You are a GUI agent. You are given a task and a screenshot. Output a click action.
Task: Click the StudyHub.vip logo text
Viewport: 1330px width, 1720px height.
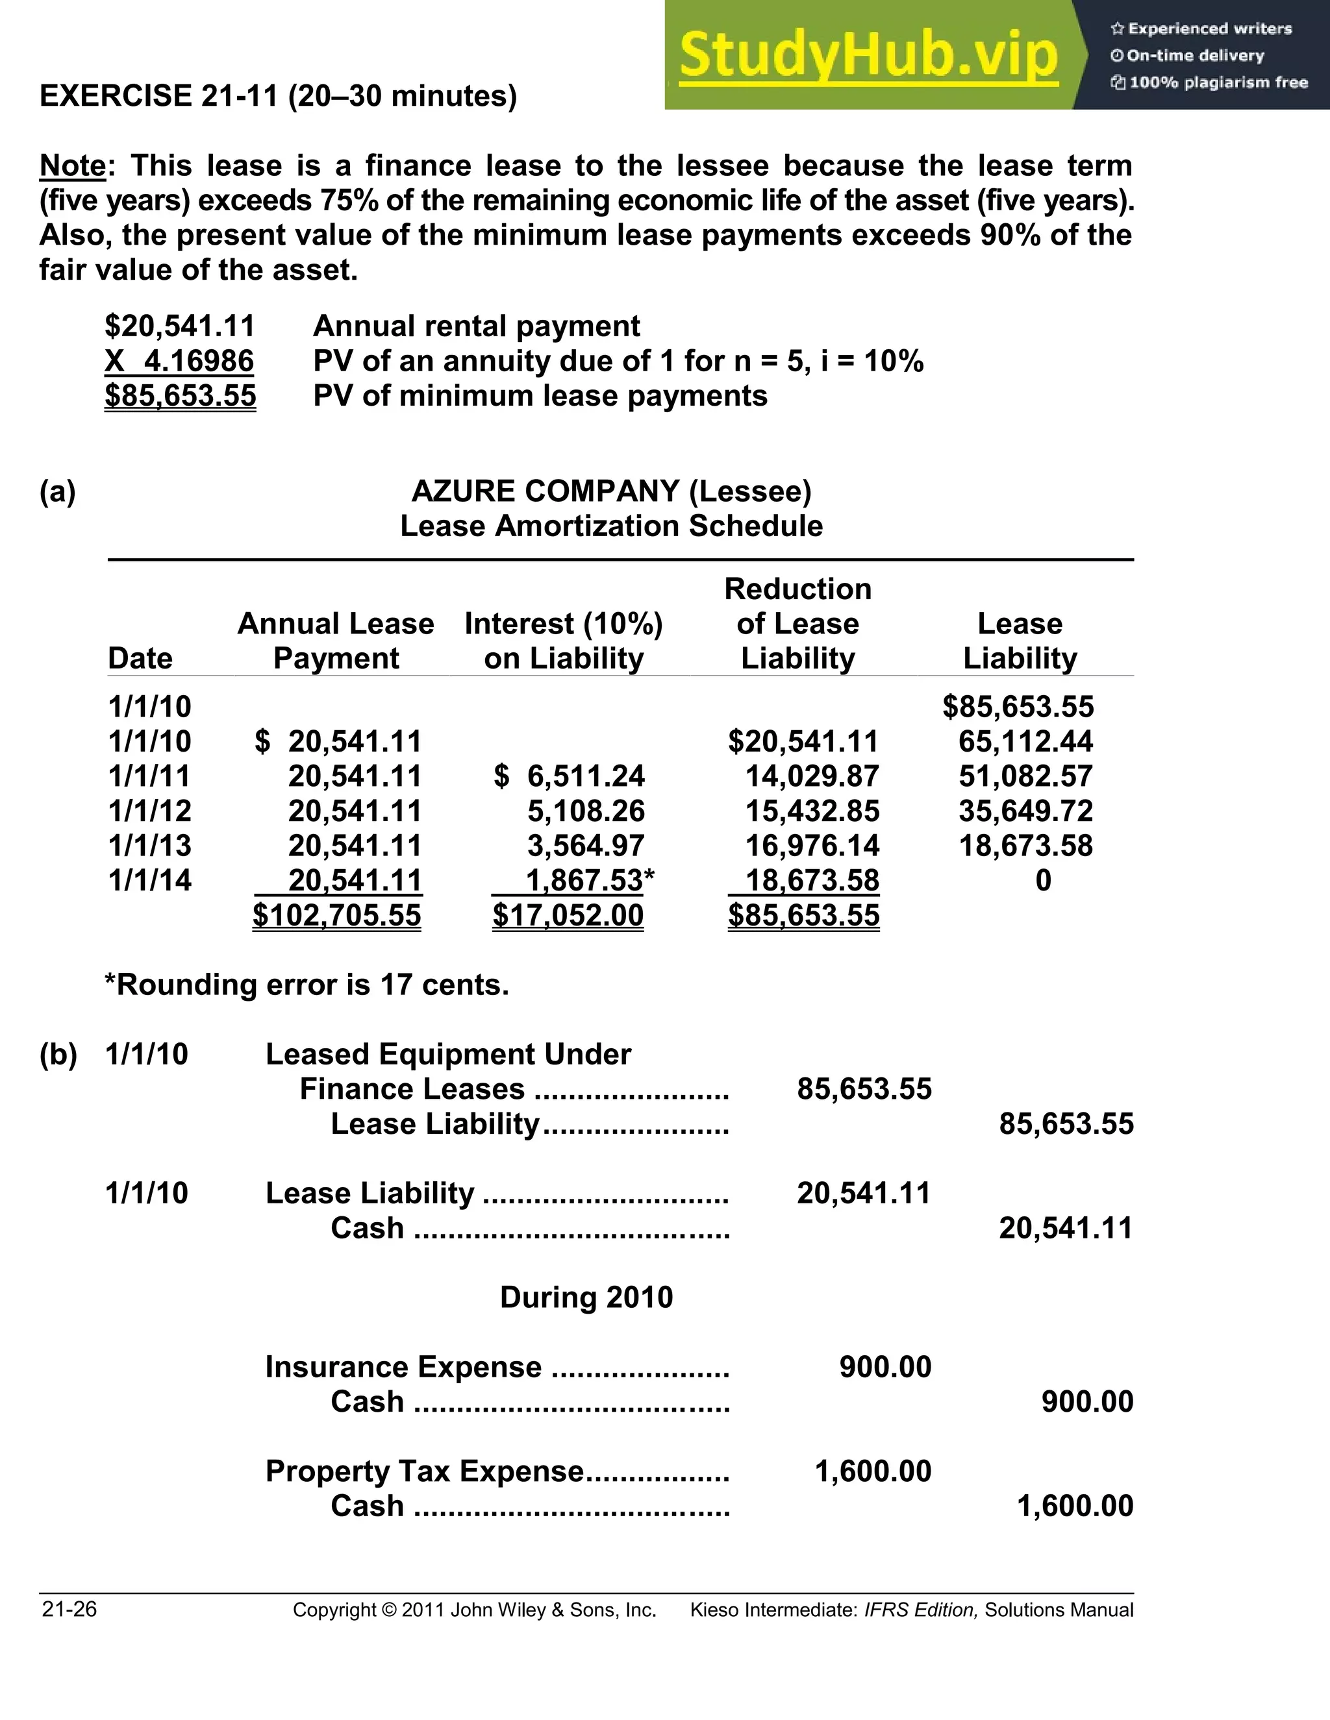coord(868,55)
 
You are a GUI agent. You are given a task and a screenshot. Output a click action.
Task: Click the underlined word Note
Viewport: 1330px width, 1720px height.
coord(73,166)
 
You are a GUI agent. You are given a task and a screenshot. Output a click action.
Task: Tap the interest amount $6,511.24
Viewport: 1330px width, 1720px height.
coord(585,776)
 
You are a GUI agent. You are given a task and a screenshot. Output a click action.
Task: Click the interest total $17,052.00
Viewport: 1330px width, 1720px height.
coord(568,915)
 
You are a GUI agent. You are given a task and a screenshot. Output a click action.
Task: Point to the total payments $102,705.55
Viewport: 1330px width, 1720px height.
coord(336,915)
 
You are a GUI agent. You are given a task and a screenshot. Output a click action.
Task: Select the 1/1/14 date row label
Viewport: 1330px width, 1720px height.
coord(150,881)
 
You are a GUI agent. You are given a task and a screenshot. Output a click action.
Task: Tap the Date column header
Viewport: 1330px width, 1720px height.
coord(140,658)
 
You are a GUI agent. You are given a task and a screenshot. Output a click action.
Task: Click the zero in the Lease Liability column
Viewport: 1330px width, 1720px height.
coord(1042,881)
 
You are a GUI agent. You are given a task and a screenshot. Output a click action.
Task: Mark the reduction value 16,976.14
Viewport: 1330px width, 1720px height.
coord(812,846)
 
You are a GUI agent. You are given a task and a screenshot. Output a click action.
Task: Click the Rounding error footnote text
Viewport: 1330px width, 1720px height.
coord(307,985)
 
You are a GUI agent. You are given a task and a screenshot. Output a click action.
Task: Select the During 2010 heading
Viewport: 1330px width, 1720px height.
coord(586,1297)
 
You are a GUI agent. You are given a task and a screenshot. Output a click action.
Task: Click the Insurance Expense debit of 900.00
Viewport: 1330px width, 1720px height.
coord(885,1367)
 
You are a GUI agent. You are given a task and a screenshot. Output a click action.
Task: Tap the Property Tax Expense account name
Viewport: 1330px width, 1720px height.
coord(425,1471)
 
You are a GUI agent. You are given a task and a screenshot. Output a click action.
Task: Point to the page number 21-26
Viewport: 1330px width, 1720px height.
coord(69,1610)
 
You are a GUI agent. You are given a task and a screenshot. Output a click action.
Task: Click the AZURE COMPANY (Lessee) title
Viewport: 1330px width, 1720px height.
coord(611,491)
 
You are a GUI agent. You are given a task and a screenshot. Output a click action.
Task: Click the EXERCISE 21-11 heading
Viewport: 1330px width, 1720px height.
coord(278,96)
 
